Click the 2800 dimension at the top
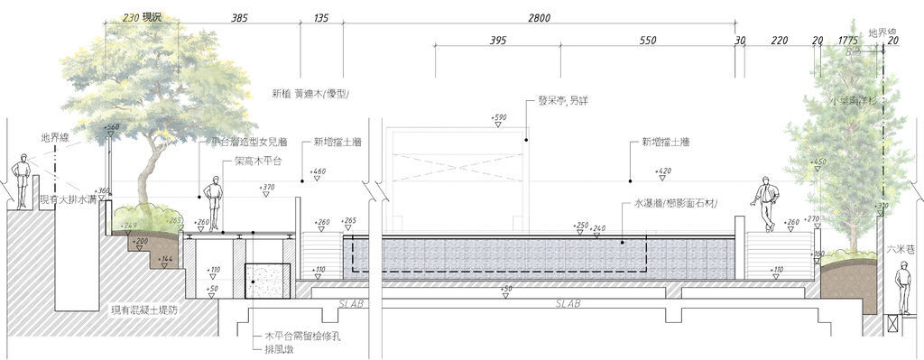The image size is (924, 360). coord(539,18)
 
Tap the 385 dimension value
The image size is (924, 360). coord(239,18)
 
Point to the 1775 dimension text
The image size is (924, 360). coord(847,42)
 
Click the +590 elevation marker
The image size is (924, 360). coord(499,118)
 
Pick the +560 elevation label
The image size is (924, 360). coord(112,128)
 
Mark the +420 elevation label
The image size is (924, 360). coord(663,171)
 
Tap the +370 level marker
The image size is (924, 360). coord(266,188)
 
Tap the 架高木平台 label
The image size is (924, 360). coord(258,162)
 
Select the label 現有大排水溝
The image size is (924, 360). coord(65,198)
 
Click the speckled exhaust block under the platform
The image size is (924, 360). coord(268,281)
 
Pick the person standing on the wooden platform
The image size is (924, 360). coord(213,204)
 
